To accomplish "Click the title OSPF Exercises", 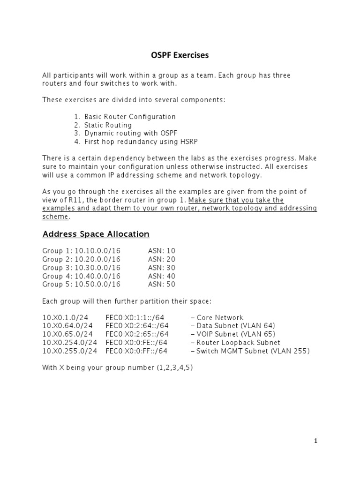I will pyautogui.click(x=180, y=55).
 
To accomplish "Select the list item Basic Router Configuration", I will pyautogui.click(x=130, y=117).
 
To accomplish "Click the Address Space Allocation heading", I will pyautogui.click(x=96, y=234).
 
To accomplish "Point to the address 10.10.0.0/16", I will pyautogui.click(x=97, y=251).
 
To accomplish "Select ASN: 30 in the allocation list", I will pyautogui.click(x=161, y=268).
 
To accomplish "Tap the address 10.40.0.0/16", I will pyautogui.click(x=97, y=276).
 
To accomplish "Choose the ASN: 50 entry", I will pyautogui.click(x=161, y=284).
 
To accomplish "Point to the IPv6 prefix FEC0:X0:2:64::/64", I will pyautogui.click(x=137, y=326).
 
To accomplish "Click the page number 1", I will pyautogui.click(x=315, y=441).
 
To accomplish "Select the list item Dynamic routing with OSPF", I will pyautogui.click(x=131, y=133).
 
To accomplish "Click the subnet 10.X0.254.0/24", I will pyautogui.click(x=70, y=343).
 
